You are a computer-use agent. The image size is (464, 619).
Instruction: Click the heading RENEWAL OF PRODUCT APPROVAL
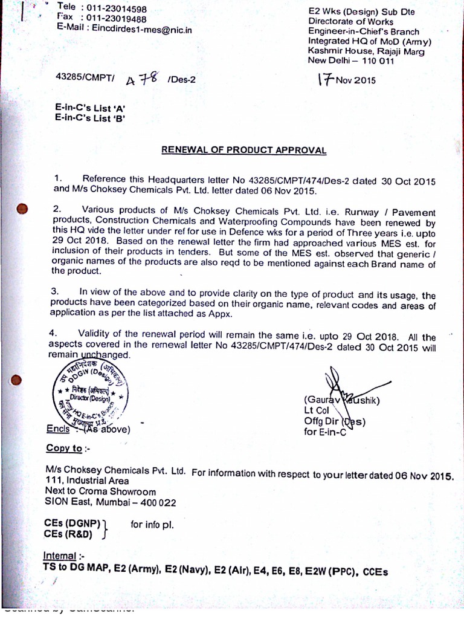(x=244, y=150)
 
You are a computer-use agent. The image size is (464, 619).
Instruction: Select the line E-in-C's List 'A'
(x=89, y=108)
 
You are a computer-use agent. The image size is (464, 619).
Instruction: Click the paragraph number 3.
(x=54, y=291)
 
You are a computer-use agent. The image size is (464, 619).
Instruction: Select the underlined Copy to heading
(x=64, y=448)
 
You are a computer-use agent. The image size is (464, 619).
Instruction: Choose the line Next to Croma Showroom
(x=100, y=491)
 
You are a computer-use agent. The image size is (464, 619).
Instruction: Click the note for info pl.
(x=152, y=525)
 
